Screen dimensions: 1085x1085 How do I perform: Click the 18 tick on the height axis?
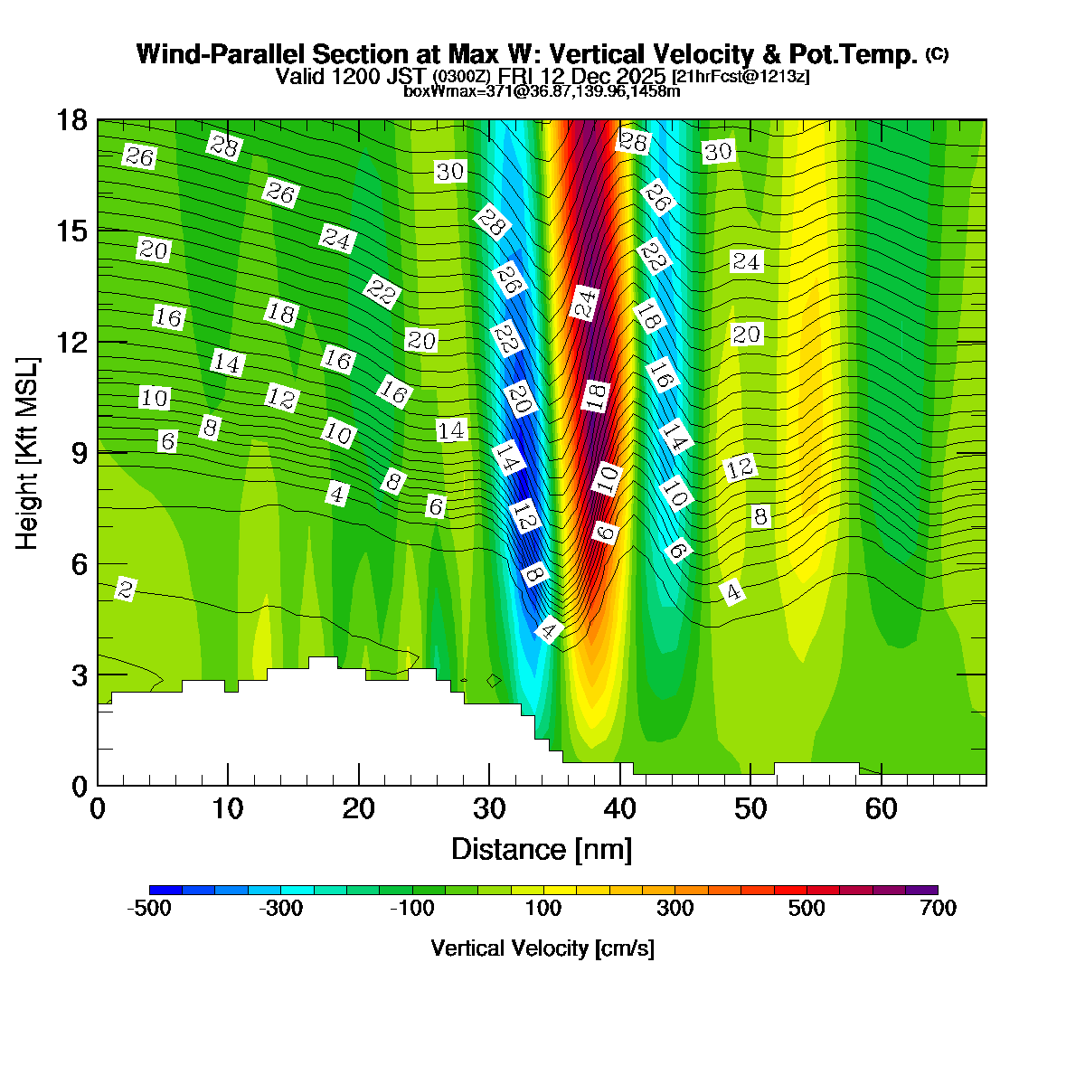pyautogui.click(x=72, y=120)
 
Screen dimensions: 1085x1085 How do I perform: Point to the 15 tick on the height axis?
pyautogui.click(x=72, y=231)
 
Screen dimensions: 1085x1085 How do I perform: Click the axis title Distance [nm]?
pyautogui.click(x=542, y=849)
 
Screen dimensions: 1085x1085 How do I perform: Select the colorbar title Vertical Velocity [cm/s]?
pyautogui.click(x=542, y=948)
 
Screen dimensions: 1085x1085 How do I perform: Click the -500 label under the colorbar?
pyautogui.click(x=149, y=909)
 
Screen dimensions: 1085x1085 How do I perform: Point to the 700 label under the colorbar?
pyautogui.click(x=938, y=909)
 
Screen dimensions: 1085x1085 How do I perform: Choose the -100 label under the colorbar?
pyautogui.click(x=412, y=909)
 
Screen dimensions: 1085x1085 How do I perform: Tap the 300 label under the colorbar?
pyautogui.click(x=675, y=909)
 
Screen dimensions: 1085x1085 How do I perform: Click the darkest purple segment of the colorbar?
pyautogui.click(x=921, y=890)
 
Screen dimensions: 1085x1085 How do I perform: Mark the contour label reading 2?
pyautogui.click(x=126, y=590)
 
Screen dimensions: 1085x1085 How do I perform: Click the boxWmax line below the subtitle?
pyautogui.click(x=542, y=90)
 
